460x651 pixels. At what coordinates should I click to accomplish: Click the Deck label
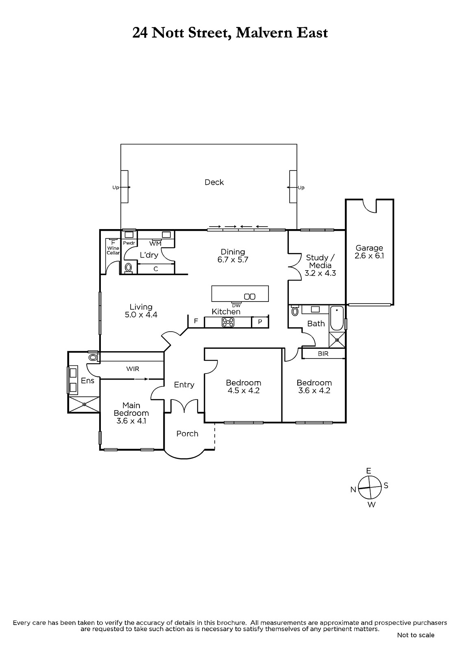(214, 182)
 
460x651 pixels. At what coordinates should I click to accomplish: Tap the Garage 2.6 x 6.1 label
(369, 252)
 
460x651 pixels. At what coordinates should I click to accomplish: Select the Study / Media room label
(320, 265)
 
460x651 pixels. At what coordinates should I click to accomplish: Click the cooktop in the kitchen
(228, 322)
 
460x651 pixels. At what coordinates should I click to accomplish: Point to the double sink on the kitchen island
(250, 297)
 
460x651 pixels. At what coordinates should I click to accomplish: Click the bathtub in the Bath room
(337, 318)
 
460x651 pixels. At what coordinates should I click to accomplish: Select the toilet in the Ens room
(93, 357)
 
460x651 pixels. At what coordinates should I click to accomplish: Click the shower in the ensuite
(84, 404)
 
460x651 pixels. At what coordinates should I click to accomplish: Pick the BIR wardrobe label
(323, 354)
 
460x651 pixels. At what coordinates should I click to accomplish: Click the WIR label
(133, 369)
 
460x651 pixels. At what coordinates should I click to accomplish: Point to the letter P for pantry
(260, 322)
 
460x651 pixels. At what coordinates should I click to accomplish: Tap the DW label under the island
(236, 306)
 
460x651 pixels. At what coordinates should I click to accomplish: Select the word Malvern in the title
(264, 33)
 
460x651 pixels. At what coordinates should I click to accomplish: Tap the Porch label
(187, 434)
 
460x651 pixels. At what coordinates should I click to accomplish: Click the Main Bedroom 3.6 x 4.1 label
(131, 413)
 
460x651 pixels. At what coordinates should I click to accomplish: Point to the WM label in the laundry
(155, 244)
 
